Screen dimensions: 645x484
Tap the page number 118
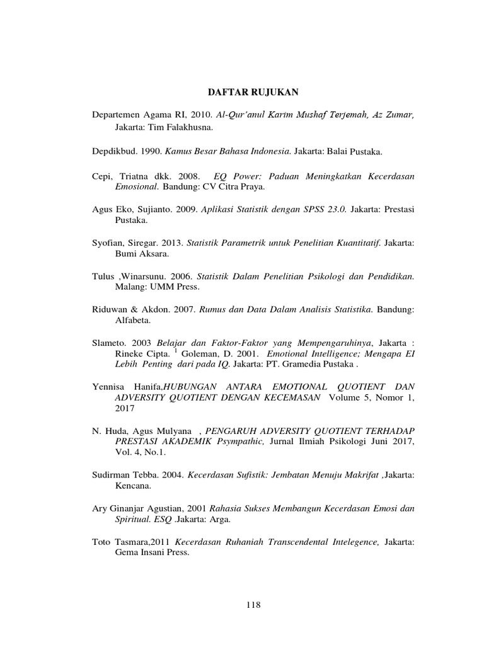pos(253,605)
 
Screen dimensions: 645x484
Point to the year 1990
pos(152,152)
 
